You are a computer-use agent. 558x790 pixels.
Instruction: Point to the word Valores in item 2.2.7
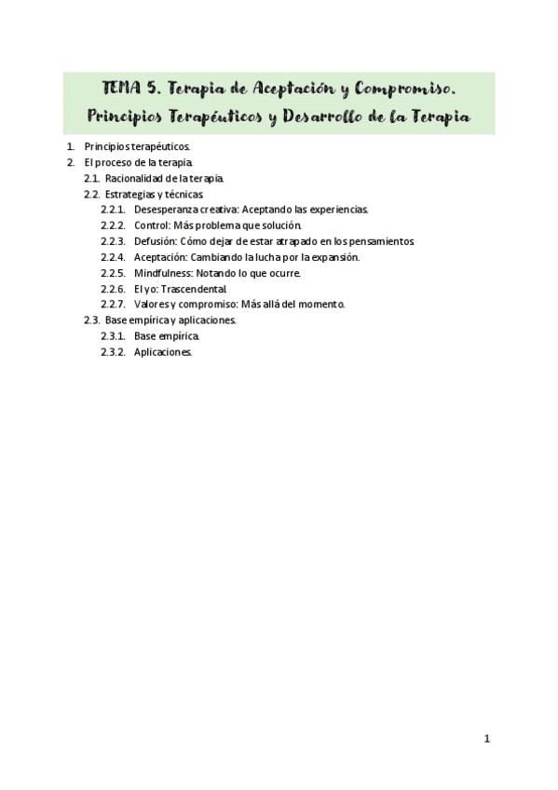click(151, 305)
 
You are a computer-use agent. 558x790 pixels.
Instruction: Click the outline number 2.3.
click(91, 320)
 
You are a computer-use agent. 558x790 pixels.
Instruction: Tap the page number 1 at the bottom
click(486, 739)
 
